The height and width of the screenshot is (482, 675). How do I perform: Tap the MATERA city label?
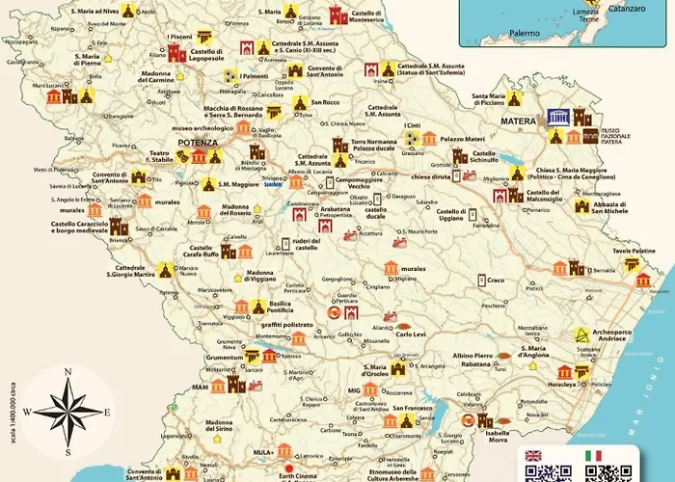[x=518, y=120]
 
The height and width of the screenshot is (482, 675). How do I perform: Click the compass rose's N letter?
[x=67, y=371]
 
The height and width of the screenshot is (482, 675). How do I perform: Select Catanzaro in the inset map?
[x=626, y=16]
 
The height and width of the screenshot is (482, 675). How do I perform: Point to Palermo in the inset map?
[x=525, y=33]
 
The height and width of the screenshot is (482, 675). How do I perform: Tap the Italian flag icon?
[x=592, y=455]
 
